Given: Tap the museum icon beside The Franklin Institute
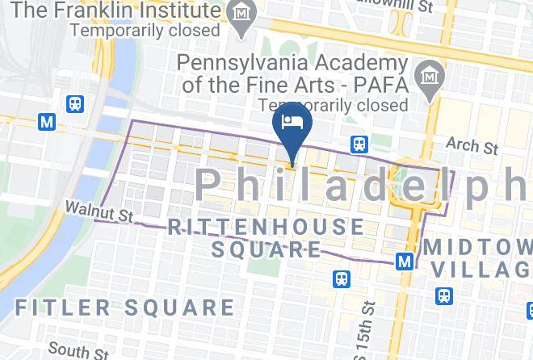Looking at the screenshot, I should coord(241,12).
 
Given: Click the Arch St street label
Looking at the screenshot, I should coord(472,146).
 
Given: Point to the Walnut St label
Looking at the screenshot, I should coord(99,212).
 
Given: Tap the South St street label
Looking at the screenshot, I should coord(78,350).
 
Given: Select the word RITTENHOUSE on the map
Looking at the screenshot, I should coord(266,227).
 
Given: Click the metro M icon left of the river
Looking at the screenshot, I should coord(48,121).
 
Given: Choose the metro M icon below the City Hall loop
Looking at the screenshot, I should coord(405,261).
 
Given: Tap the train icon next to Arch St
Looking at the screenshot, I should coord(360,144).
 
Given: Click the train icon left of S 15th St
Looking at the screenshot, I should coord(342,279).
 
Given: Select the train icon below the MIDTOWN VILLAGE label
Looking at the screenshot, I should coord(443,296).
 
